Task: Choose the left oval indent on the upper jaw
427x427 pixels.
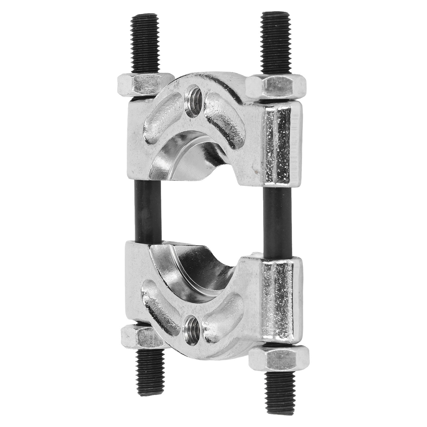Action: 160,117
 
